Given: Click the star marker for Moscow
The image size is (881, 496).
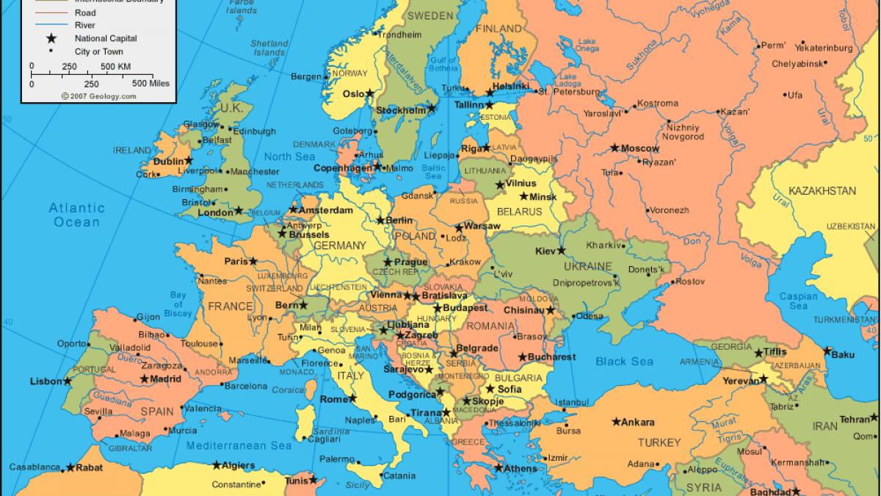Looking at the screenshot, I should point(614,148).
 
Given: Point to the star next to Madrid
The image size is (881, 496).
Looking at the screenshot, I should point(144,379).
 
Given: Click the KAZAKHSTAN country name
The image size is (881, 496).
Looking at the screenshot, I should point(822,191).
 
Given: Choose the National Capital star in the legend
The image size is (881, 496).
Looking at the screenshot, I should point(52,37).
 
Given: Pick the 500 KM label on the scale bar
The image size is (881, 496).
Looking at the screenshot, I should point(115,67).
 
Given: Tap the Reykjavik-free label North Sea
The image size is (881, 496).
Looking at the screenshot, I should point(289,157).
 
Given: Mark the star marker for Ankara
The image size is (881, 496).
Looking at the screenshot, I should point(615,422).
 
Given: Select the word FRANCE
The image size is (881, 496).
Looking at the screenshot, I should point(230,306).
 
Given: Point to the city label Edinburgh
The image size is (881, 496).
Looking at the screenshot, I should point(254,132).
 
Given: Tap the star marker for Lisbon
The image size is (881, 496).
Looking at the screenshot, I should point(68,381).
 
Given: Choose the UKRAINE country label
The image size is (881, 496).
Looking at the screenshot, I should point(587,265).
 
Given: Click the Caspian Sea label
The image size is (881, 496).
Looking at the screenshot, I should point(798,301).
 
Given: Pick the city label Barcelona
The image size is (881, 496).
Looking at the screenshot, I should point(245,385).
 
